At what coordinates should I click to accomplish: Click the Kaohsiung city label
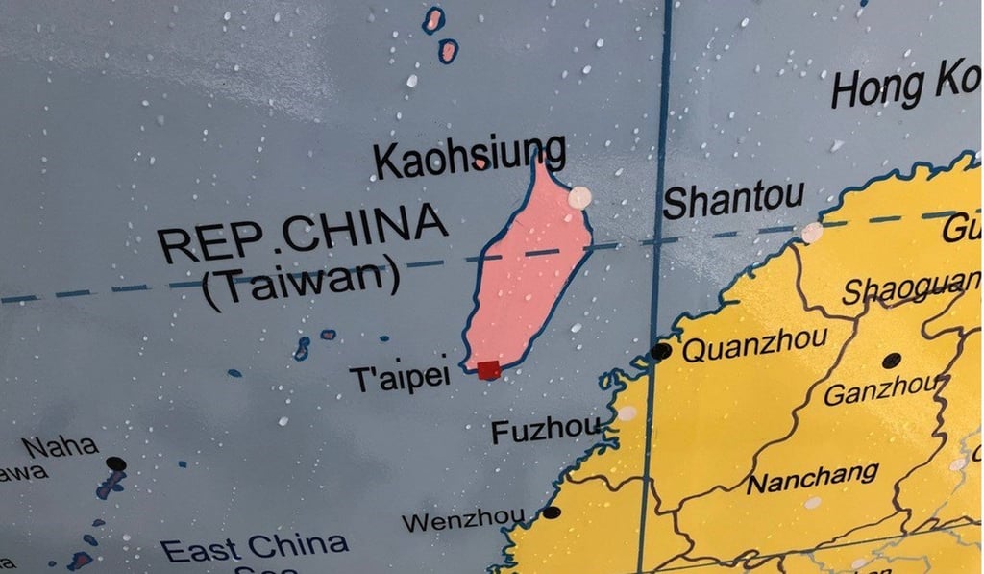[x=469, y=158]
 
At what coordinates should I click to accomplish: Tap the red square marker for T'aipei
[x=489, y=369]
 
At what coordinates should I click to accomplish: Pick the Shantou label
[x=734, y=200]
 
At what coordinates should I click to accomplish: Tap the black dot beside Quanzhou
[x=660, y=351]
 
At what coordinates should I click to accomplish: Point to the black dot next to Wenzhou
[x=552, y=512]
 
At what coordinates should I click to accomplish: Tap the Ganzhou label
[x=880, y=392]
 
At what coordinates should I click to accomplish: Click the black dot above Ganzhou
[x=892, y=361]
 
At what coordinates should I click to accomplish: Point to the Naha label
[x=60, y=446]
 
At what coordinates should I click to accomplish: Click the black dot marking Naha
[x=116, y=463]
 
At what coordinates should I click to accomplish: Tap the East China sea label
[x=255, y=548]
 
